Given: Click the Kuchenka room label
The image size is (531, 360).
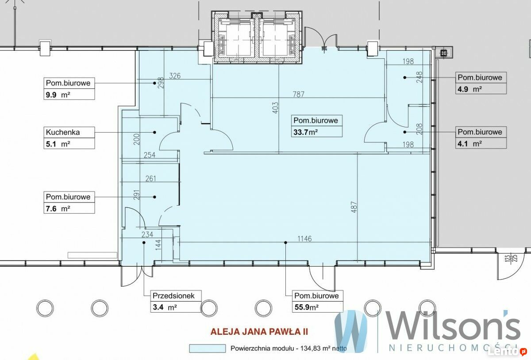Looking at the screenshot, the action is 63,132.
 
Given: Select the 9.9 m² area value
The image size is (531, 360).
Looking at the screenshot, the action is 58,95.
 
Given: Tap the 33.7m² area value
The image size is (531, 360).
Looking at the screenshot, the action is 306,132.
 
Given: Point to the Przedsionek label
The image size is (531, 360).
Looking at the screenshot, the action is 173,296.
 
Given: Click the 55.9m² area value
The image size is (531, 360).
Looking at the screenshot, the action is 307,307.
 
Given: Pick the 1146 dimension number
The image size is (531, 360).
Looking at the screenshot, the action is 304,239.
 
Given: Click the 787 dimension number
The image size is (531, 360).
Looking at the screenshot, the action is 298,94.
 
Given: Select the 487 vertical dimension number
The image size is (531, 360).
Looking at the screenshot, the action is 354,207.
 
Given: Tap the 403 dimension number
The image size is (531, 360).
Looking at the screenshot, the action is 275,108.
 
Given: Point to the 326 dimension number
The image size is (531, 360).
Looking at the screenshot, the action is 175,76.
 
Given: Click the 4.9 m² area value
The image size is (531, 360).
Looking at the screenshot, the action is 469,89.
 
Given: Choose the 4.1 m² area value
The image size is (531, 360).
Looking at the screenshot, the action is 469,144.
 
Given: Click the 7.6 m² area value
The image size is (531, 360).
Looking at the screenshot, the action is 58,209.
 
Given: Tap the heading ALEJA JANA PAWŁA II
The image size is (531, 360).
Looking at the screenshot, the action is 259,332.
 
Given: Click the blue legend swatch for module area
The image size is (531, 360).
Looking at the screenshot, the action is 207,349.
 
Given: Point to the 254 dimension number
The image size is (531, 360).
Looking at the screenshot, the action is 150,155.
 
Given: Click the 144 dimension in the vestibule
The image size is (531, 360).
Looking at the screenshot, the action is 158,245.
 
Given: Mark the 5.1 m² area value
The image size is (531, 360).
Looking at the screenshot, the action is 58,144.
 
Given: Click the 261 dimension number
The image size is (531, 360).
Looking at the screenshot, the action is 150,179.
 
